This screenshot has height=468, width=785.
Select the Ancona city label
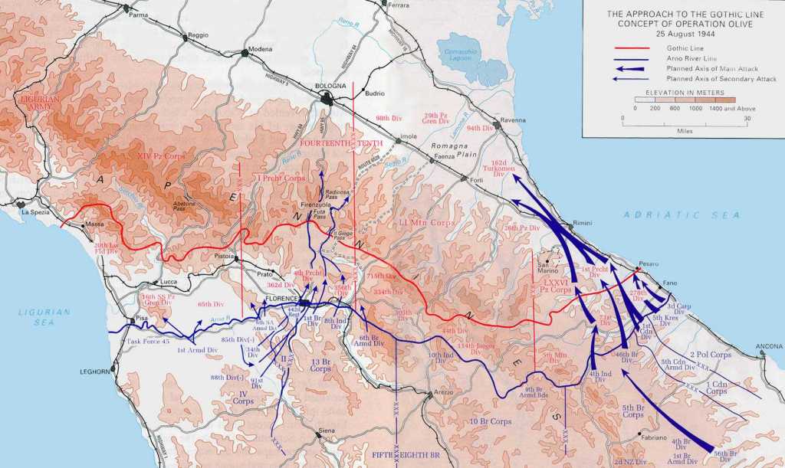pos(769,347)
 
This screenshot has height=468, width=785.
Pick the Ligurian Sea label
pos(44,317)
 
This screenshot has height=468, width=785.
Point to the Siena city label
pos(327,431)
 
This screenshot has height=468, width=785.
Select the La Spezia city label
pos(36,212)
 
